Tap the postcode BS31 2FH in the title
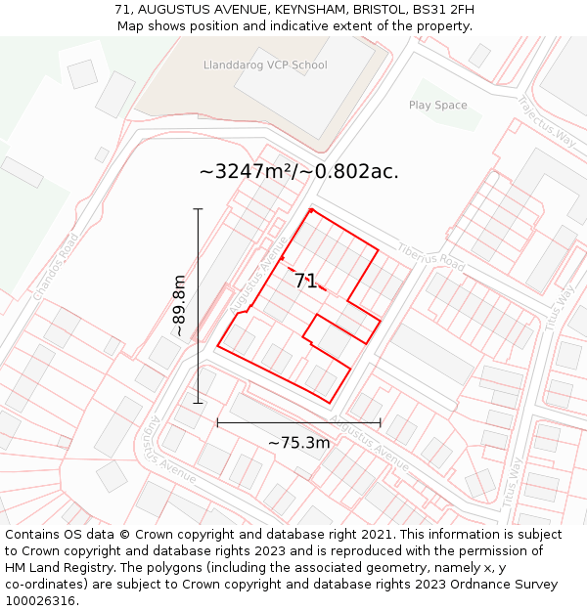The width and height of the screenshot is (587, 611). point(440,10)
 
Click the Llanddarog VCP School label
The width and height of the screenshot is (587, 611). point(264,65)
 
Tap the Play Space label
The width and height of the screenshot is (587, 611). point(437,105)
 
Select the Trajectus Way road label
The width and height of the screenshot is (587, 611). point(549,118)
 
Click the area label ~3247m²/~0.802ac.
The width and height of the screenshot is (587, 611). point(298,172)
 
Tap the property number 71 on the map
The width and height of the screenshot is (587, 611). point(305,282)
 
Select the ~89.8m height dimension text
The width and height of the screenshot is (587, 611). point(180,306)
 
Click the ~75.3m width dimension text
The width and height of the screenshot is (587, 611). point(298,443)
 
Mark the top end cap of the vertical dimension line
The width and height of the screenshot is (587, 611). point(198,209)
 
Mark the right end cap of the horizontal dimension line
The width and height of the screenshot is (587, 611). point(380,423)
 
